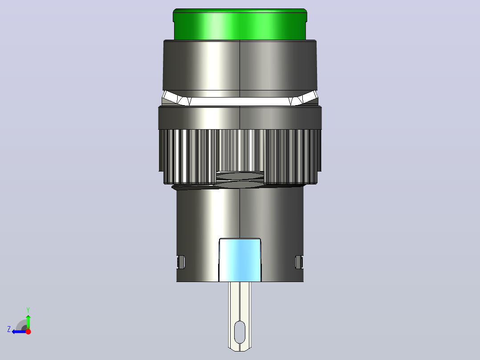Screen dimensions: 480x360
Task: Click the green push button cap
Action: coord(240,25)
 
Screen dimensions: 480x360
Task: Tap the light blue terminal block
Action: coord(240,260)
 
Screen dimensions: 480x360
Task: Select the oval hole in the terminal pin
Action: coord(240,332)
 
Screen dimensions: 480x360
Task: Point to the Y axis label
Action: coord(28,310)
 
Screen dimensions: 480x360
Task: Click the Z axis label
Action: coord(9,329)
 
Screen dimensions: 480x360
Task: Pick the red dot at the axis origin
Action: coord(28,331)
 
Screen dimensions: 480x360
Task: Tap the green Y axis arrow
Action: coord(28,322)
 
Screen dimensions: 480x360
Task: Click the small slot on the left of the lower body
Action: coord(181,262)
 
